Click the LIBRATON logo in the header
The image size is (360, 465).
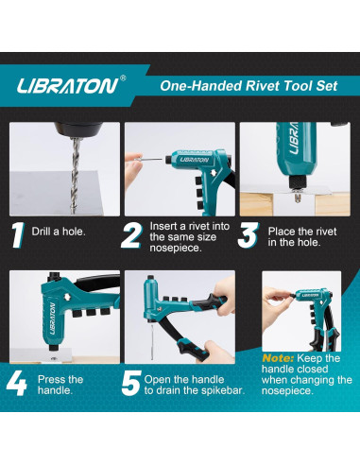click(67, 86)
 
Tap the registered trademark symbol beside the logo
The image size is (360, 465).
click(123, 77)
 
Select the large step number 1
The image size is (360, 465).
click(18, 234)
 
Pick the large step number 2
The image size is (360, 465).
click(130, 234)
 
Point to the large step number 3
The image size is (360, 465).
click(249, 234)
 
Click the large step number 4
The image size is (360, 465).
click(16, 383)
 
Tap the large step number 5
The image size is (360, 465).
click(131, 383)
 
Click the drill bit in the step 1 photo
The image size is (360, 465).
click(75, 175)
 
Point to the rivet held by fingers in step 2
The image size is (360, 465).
click(149, 160)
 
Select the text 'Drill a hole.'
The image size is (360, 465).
click(59, 232)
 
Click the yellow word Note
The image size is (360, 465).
click(278, 358)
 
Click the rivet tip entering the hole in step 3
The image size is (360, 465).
click(297, 198)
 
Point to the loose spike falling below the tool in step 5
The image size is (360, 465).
click(152, 342)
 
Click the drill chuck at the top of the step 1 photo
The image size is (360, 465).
click(77, 129)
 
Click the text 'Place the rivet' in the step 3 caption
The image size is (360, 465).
click(302, 232)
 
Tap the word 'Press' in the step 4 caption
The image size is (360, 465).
click(50, 379)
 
